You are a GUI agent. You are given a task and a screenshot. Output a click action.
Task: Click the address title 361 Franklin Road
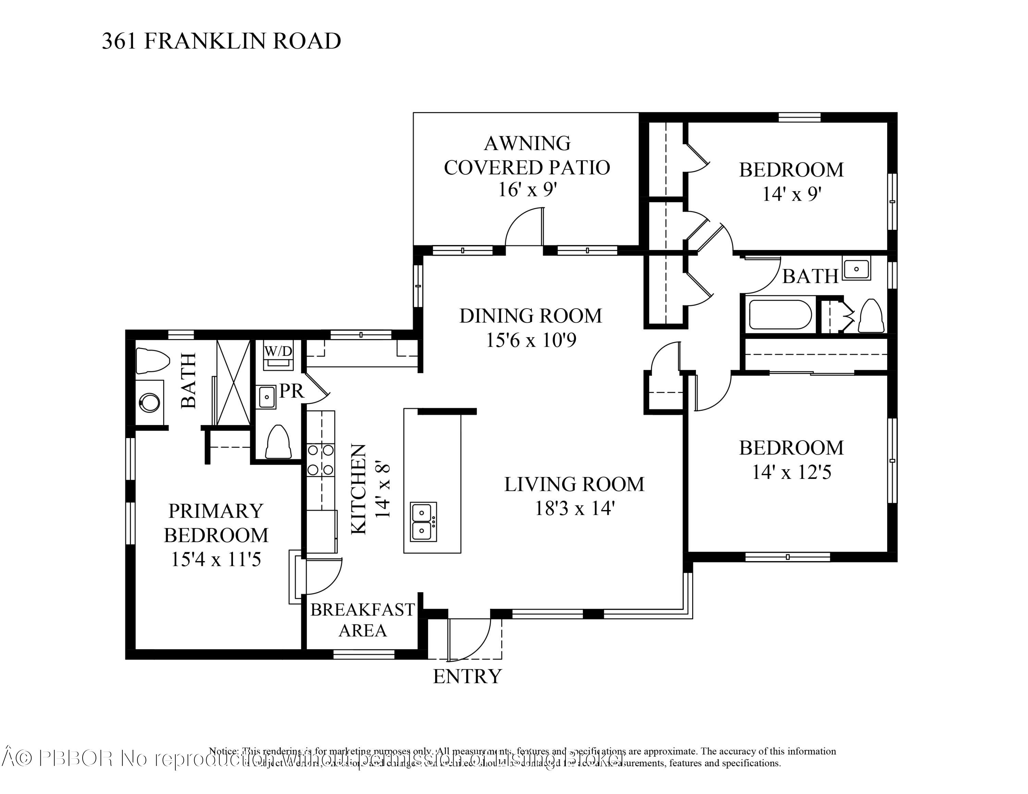point(221,41)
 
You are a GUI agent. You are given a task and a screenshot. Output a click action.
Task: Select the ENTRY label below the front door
point(467,677)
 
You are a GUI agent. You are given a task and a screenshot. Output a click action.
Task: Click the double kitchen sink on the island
point(424,522)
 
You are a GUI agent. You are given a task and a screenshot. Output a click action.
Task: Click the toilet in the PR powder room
point(278,442)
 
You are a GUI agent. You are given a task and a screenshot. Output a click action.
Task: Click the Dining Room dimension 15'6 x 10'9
point(530,340)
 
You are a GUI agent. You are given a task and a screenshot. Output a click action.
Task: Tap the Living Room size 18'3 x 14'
point(575,508)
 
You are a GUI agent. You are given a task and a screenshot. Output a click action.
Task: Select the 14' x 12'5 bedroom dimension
point(791,472)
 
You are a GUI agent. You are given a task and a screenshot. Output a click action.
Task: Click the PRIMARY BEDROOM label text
point(216,523)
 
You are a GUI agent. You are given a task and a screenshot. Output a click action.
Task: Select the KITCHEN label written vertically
point(359,489)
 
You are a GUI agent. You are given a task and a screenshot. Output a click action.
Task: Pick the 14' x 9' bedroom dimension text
point(792,194)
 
